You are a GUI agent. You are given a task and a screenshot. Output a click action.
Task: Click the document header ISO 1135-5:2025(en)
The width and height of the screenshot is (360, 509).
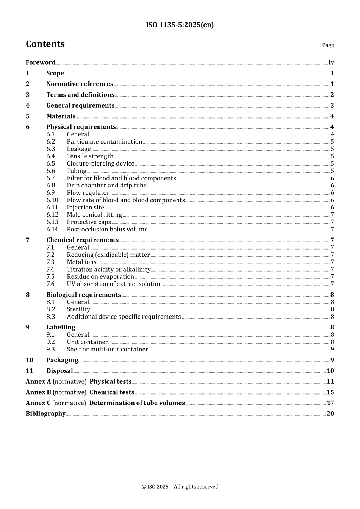coord(180,25)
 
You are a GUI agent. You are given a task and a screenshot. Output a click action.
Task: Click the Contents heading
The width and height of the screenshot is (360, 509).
coord(45,44)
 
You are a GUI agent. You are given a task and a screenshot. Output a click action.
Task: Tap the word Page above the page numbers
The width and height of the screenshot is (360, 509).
coord(328,45)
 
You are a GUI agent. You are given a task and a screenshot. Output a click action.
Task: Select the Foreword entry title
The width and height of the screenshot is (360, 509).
coord(41,62)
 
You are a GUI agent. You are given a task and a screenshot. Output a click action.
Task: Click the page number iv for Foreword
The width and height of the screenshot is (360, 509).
coord(331,62)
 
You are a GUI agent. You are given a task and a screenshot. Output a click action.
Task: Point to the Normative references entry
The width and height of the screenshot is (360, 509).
coord(80,84)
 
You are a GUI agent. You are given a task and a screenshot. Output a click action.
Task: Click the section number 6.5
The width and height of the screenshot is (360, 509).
coord(51,164)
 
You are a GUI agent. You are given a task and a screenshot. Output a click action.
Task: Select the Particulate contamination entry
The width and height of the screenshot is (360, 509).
coord(104,142)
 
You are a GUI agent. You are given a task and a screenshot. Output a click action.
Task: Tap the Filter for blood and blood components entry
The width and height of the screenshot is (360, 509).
coord(121,178)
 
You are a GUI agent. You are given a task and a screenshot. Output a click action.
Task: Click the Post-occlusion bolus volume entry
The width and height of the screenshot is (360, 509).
coord(107,230)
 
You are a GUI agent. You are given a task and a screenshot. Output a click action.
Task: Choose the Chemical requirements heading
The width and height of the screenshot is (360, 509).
coord(82,240)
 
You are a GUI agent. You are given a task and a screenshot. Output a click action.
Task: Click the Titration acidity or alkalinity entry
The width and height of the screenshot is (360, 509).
coord(109,270)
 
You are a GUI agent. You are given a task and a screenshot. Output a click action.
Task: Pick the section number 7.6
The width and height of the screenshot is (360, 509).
coord(51,284)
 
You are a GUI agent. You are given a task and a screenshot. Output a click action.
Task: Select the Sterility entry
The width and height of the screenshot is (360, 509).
coord(78,309)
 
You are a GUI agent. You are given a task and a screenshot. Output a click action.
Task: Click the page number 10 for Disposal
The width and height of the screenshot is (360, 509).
coord(330,371)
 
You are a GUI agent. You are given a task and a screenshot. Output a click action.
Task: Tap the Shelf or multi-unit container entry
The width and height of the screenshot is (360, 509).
coord(107,350)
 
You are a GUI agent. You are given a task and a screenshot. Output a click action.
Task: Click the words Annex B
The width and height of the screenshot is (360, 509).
coord(38,393)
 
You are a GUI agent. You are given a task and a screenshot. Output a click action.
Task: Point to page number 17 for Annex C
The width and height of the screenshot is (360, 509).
coord(330,403)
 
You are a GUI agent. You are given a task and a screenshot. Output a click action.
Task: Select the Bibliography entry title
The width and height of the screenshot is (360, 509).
coord(45,414)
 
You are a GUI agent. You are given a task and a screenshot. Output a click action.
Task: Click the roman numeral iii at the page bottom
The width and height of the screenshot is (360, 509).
coord(180,495)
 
